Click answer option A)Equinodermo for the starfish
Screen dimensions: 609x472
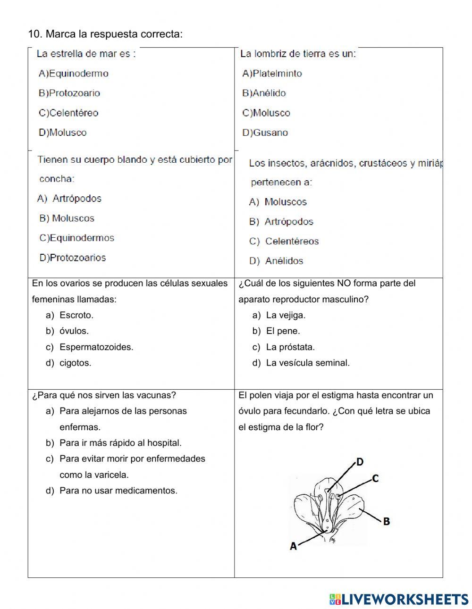point(74,74)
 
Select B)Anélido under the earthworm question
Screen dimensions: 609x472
point(264,93)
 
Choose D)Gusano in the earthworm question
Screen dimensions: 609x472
point(265,133)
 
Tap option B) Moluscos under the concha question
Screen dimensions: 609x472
point(67,218)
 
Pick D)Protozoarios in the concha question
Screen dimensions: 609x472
point(73,258)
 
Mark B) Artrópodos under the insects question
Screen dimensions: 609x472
point(281,222)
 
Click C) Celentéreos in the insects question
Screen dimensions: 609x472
point(284,242)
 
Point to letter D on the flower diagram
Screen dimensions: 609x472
point(360,462)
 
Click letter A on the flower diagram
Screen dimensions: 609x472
point(293,546)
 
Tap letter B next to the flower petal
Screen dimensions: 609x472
point(386,521)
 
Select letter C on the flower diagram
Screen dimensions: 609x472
point(375,478)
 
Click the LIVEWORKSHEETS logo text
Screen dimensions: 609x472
point(404,599)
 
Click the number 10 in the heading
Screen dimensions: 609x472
point(34,34)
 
